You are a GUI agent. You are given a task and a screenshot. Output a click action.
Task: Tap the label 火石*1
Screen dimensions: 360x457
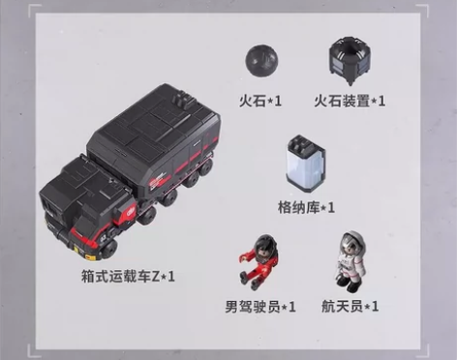click(x=260, y=100)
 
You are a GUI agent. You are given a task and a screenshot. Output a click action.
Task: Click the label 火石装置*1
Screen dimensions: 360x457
click(x=350, y=100)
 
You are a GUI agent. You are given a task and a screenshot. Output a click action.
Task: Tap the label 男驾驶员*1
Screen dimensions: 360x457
click(x=260, y=307)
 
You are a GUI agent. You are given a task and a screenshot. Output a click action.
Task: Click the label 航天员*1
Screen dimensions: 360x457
click(x=350, y=307)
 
